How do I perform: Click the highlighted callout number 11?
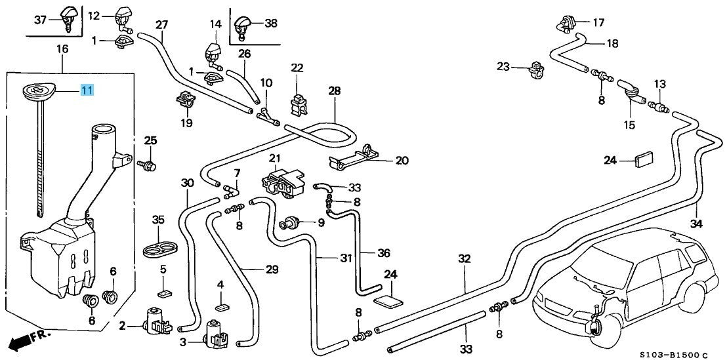click(x=87, y=90)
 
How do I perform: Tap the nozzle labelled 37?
click(x=67, y=18)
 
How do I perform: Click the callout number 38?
click(x=270, y=23)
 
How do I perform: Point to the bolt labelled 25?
click(x=147, y=165)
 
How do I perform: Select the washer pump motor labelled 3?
click(x=216, y=333)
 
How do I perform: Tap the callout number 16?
click(x=62, y=49)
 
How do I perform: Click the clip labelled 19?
click(x=186, y=100)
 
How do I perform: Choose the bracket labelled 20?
click(x=352, y=157)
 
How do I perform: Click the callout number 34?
click(x=696, y=224)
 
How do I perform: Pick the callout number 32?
click(x=464, y=259)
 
